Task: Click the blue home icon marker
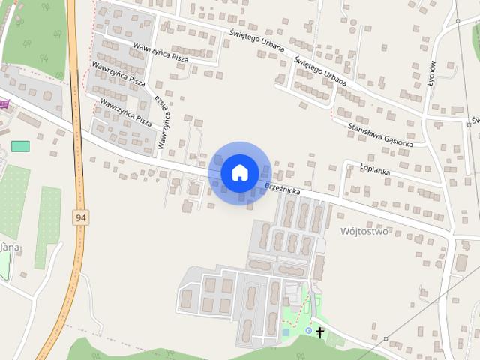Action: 239,172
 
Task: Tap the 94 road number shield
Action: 80,217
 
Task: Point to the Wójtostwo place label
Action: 364,232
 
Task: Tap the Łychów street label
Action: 432,76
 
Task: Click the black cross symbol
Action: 320,331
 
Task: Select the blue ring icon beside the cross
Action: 308,330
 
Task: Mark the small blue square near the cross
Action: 285,331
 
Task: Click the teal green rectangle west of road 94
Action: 20,145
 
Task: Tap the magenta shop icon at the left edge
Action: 3,104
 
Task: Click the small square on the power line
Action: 457,21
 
